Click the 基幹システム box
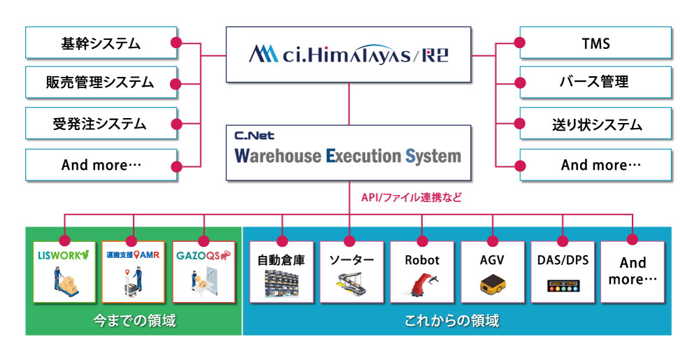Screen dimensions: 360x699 point(101,43)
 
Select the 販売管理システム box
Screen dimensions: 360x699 point(101,83)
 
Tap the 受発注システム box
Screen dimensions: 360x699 point(101,124)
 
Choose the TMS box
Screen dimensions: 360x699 point(596,43)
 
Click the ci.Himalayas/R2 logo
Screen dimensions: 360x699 point(348,55)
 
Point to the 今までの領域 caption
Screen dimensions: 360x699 point(134,320)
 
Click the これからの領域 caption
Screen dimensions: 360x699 point(456,320)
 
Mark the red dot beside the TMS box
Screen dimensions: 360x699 point(519,43)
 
